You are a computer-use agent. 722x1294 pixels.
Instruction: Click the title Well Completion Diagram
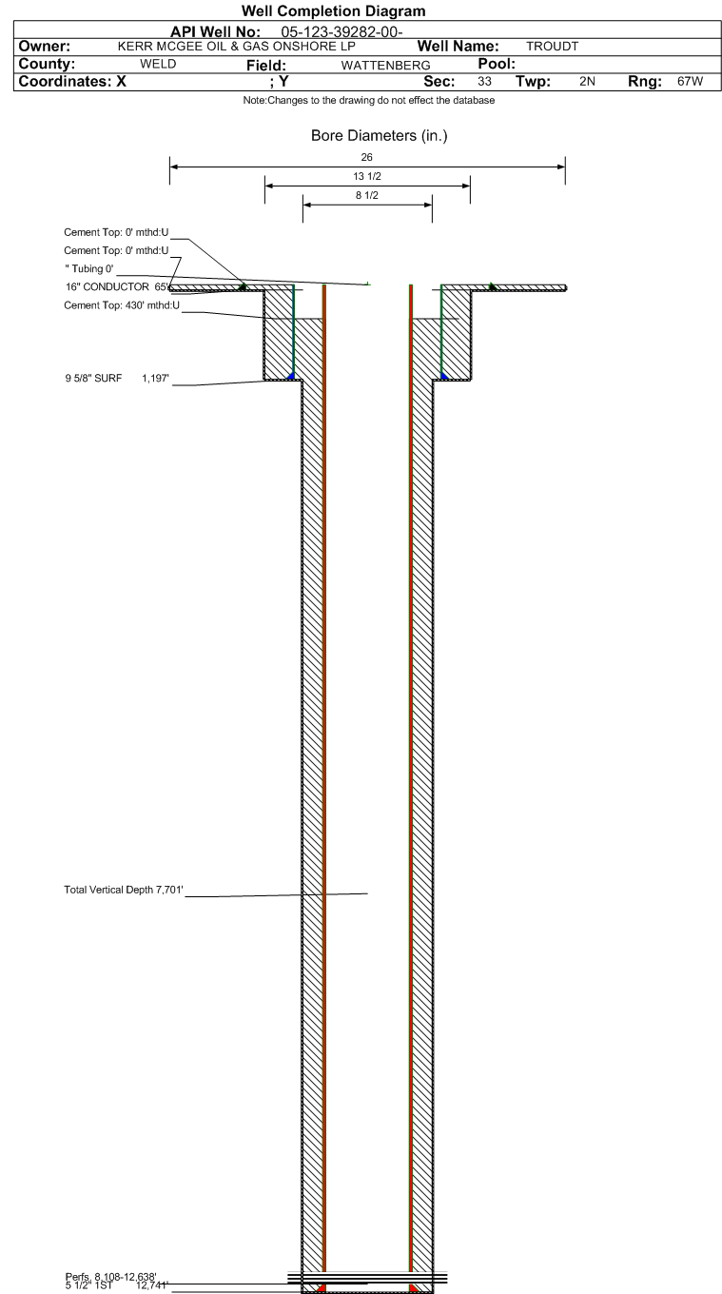tap(333, 11)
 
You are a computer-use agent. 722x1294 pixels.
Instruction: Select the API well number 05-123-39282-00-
tap(341, 31)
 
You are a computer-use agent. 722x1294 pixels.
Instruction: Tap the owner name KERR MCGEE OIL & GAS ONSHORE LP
tap(236, 47)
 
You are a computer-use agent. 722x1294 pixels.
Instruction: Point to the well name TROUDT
tap(552, 47)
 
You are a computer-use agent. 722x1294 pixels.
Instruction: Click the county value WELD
tap(158, 64)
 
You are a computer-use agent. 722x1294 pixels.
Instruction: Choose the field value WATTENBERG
tap(386, 66)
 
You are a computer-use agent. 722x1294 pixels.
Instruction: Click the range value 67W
tap(691, 81)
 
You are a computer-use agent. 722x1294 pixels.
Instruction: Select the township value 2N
tap(588, 81)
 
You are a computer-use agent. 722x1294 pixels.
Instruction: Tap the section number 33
tap(484, 81)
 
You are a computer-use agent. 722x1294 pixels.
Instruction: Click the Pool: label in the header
tap(497, 64)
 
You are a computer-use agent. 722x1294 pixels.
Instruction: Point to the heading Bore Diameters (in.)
tap(379, 135)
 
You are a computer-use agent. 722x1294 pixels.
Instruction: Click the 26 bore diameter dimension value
tap(367, 157)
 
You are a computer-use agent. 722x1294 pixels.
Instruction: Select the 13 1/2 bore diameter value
tap(367, 176)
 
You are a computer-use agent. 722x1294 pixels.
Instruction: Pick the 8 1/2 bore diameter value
tap(367, 195)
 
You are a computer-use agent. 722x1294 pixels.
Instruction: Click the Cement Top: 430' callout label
tap(122, 305)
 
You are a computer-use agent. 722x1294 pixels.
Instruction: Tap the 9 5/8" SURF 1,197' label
tap(117, 379)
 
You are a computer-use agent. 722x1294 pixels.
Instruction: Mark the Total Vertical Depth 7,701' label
tap(124, 890)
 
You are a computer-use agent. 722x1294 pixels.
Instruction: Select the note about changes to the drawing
tap(368, 100)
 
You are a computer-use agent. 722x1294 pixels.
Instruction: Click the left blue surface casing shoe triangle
tap(291, 376)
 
